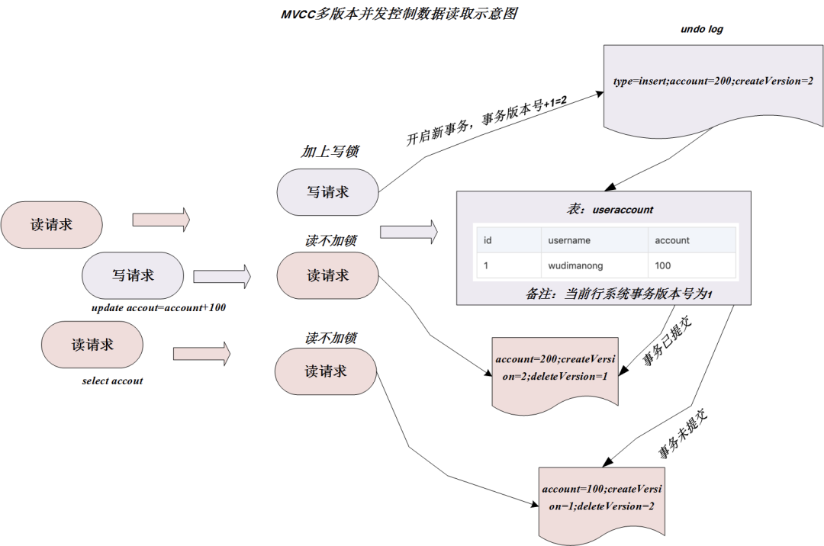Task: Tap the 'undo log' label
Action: pos(701,30)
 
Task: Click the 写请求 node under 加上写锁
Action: pos(327,192)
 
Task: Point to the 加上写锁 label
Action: pos(330,152)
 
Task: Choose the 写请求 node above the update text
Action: pos(133,275)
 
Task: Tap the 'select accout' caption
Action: pos(112,381)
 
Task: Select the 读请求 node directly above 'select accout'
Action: pos(92,345)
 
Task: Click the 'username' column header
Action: pos(569,240)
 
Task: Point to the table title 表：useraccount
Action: pos(606,209)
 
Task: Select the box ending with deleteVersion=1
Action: pos(555,368)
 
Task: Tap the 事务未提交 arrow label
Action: pos(683,438)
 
